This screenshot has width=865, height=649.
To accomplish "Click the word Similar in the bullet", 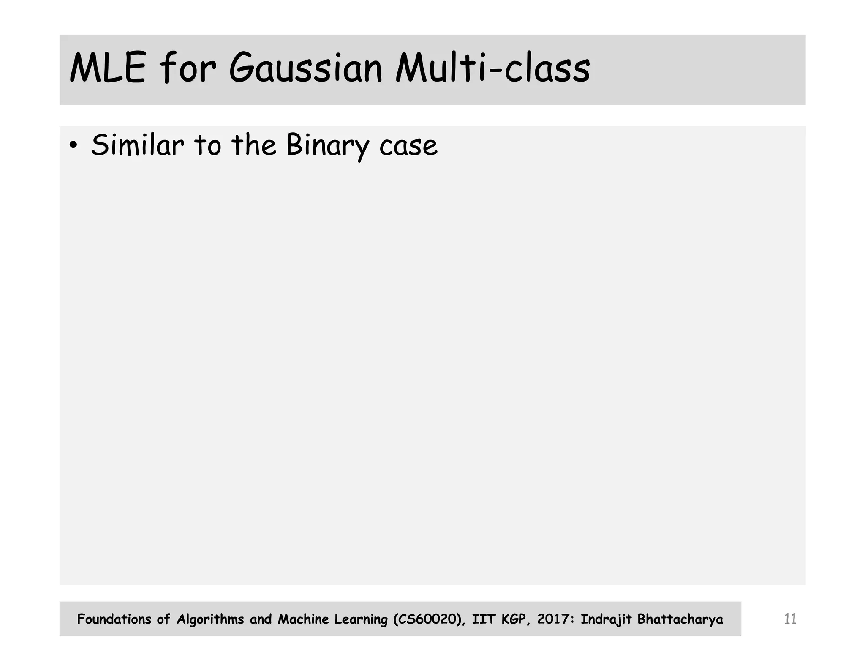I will pyautogui.click(x=137, y=145).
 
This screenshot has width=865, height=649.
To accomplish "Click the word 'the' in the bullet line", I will pyautogui.click(x=253, y=145).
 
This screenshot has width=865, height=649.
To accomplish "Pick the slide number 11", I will pyautogui.click(x=790, y=619).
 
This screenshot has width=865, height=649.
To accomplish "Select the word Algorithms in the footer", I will pyautogui.click(x=210, y=619).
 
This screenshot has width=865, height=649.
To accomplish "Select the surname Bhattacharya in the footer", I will pyautogui.click(x=680, y=619).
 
